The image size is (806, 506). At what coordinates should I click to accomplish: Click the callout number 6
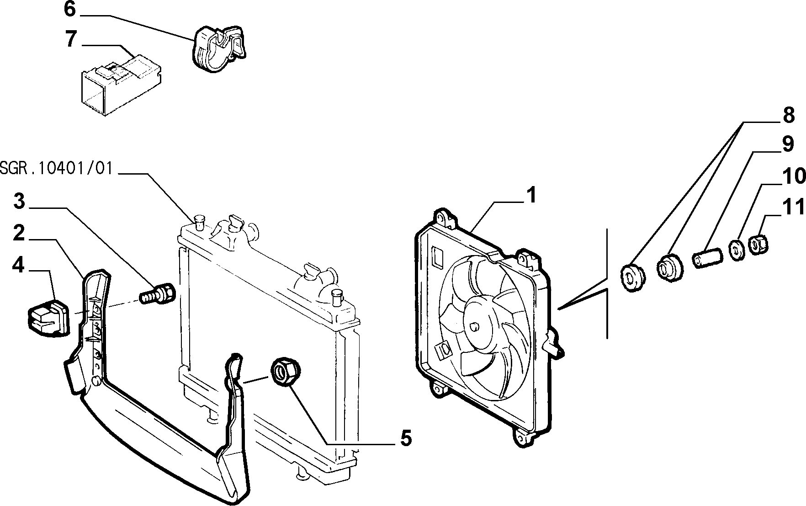[x=69, y=9]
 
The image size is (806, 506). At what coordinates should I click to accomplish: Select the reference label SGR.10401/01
[x=56, y=168]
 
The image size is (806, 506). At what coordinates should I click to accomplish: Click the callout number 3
[x=19, y=201]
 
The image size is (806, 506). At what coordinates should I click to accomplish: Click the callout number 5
[x=406, y=438]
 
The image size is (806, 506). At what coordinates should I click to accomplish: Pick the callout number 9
[x=788, y=144]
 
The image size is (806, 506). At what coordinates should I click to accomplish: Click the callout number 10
[x=794, y=176]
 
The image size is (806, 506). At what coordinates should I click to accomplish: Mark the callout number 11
[x=794, y=208]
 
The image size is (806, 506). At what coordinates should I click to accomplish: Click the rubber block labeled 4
[x=48, y=316]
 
